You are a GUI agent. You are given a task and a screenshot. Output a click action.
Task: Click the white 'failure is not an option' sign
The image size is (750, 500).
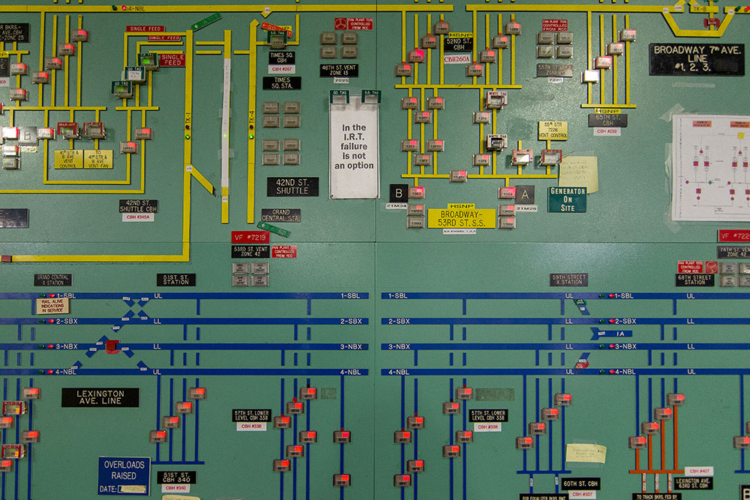(x=354, y=148)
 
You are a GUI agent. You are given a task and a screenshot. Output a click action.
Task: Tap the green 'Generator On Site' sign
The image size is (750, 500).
(x=567, y=199)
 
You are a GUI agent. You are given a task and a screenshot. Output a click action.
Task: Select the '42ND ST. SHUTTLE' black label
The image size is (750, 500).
(x=292, y=187)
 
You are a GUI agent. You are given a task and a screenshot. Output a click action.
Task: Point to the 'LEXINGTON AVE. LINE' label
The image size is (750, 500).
(x=100, y=397)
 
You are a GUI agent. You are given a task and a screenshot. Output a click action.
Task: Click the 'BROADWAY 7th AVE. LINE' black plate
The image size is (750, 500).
(x=697, y=59)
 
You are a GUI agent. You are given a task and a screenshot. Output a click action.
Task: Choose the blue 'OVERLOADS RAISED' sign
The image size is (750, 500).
(x=124, y=475)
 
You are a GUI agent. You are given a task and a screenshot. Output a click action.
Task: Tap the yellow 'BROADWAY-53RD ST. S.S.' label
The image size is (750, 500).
(x=461, y=218)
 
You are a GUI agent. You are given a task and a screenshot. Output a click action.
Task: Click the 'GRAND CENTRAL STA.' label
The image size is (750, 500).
(x=281, y=215)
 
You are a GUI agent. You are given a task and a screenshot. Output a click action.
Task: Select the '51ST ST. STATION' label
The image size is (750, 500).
(x=176, y=280)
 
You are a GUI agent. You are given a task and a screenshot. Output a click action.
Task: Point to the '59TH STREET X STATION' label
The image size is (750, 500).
(x=568, y=280)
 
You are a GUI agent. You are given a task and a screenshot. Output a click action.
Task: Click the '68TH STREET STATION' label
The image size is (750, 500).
(x=694, y=280)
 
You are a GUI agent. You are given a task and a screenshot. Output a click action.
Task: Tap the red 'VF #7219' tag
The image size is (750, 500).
(x=249, y=237)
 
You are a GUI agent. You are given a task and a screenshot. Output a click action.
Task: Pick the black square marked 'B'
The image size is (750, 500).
(x=399, y=192)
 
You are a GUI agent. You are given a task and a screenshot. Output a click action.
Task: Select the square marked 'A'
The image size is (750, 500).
(x=525, y=193)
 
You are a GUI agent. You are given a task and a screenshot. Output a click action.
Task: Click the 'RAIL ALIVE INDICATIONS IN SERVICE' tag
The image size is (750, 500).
(x=52, y=306)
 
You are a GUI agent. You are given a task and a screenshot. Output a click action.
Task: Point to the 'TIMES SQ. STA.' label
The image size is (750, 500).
(x=282, y=83)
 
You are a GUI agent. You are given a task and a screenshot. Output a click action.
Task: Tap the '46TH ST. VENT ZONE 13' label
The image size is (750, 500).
(x=339, y=70)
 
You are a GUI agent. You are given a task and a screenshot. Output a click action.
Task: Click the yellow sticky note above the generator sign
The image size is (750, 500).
(x=578, y=174)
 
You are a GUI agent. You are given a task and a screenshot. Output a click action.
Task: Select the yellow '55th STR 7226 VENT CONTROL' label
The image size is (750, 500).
(x=553, y=130)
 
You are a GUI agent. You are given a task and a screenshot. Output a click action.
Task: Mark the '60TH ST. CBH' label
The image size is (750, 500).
(x=581, y=484)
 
